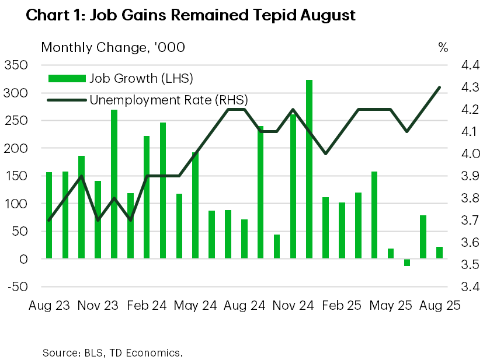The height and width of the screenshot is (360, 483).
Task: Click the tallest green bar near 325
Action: click(310, 169)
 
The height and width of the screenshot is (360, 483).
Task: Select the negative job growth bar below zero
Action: click(407, 263)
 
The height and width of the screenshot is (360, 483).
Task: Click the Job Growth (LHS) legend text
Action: click(141, 78)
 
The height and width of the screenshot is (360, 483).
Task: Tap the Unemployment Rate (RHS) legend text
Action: click(168, 100)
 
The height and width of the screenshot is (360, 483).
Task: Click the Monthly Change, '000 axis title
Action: click(113, 47)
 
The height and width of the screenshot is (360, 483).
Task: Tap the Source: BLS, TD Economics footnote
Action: click(113, 353)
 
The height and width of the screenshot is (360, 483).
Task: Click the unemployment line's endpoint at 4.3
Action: click(439, 88)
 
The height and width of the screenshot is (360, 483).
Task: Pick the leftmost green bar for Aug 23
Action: click(50, 215)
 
